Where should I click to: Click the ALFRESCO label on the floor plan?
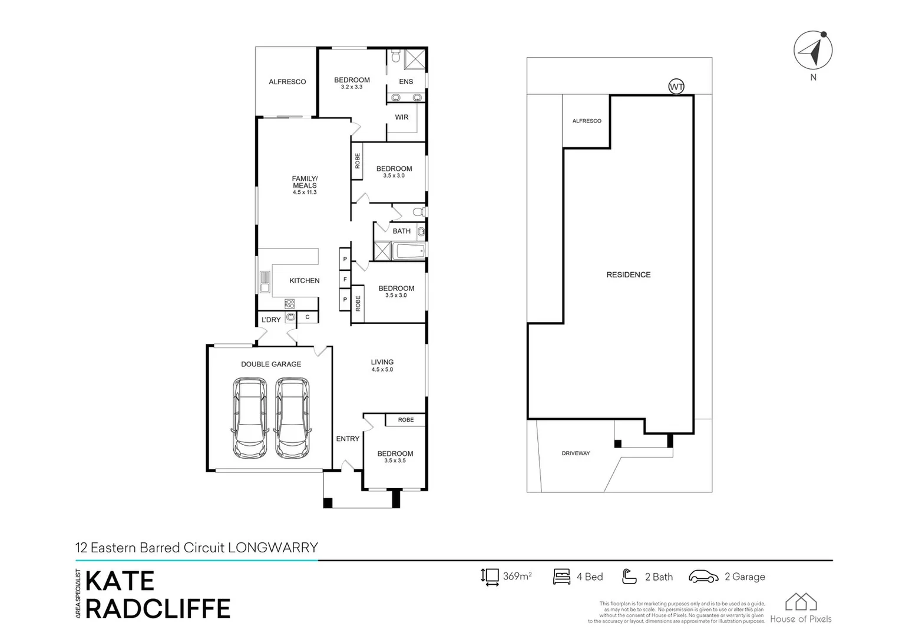click(287, 82)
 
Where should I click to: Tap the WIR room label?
click(402, 117)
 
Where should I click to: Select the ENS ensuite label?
click(406, 82)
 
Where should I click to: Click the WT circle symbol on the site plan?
click(676, 87)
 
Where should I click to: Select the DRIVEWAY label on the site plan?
click(576, 453)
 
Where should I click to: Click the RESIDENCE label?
click(629, 275)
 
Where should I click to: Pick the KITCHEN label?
click(305, 281)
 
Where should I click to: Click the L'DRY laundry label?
click(271, 320)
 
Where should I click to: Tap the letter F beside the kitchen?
click(345, 279)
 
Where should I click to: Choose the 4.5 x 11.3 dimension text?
click(305, 193)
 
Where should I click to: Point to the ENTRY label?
click(348, 439)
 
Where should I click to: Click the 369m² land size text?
click(517, 577)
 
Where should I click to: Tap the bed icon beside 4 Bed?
click(561, 577)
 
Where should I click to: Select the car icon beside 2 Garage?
click(703, 577)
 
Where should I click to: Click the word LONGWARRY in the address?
click(273, 548)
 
